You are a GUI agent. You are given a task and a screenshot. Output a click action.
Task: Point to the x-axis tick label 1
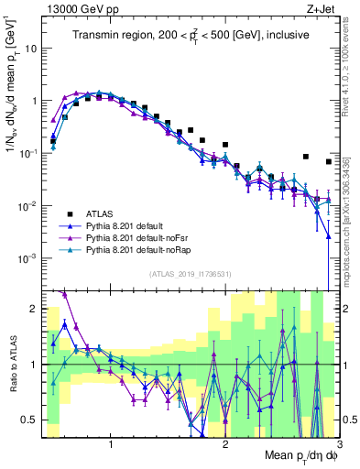pos(111,444)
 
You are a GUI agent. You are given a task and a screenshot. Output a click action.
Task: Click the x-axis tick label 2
pos(225,444)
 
